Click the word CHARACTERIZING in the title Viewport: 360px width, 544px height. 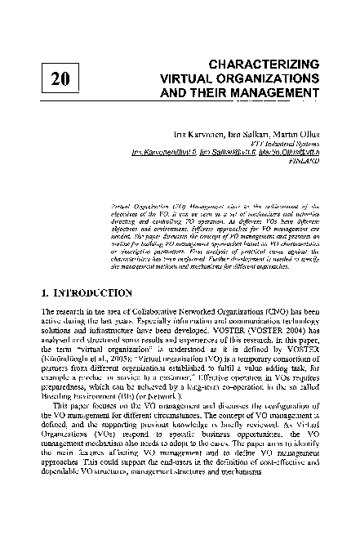tap(261, 63)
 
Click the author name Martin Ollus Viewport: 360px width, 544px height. tap(291, 132)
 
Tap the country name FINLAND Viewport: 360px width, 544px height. tap(301, 162)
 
